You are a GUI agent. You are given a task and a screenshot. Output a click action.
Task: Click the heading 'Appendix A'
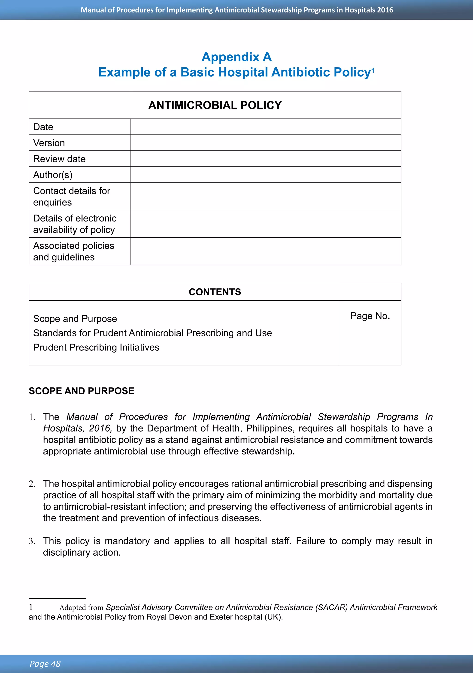click(x=236, y=57)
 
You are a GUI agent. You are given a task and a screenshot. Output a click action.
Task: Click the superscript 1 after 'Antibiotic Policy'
click(x=373, y=70)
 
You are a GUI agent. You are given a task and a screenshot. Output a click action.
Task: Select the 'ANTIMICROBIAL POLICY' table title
click(x=215, y=105)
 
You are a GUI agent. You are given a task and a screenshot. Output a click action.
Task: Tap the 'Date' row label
click(x=43, y=127)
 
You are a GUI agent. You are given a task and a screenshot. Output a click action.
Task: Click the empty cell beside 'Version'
click(x=265, y=143)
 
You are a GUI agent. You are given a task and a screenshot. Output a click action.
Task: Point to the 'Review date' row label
click(x=60, y=159)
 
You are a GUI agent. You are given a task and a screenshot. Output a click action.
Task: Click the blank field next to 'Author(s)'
click(x=265, y=175)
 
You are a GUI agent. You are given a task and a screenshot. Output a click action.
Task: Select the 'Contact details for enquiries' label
click(x=72, y=196)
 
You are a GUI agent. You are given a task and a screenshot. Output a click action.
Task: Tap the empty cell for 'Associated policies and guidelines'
click(x=265, y=251)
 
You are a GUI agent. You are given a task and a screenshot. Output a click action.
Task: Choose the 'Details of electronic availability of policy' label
click(x=75, y=224)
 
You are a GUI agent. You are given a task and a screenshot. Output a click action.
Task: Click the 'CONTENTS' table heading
click(x=215, y=292)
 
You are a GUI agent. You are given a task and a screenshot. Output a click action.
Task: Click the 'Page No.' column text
click(x=370, y=316)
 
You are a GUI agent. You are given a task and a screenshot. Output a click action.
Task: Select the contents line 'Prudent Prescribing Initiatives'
click(x=96, y=347)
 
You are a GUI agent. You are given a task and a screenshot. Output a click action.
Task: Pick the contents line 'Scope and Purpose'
click(x=75, y=319)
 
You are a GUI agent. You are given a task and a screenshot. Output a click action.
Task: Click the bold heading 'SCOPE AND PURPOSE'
click(x=82, y=391)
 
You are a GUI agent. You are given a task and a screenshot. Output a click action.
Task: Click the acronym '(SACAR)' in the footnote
click(x=332, y=607)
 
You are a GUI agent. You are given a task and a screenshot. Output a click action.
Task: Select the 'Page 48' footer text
click(x=45, y=664)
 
